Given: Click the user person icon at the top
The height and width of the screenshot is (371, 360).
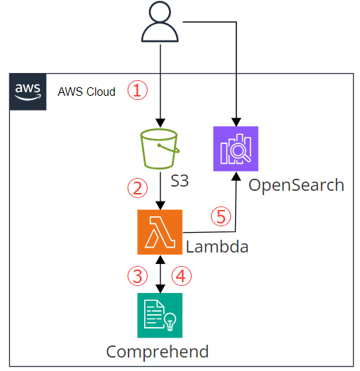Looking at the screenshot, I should coord(161,24).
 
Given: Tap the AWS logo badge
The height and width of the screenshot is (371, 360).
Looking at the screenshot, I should coord(28,92).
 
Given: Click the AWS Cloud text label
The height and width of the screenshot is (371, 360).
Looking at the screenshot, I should coord(87,92).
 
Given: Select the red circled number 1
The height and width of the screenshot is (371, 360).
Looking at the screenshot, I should coord(137,90).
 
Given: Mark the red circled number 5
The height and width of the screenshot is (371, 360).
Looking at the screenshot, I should coord(222,216).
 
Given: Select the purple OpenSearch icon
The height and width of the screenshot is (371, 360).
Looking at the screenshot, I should coord(236,149).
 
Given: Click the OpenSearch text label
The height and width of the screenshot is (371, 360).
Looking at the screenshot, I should coord(295,186).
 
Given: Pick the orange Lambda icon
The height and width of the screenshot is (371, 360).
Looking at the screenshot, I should coord(160,232).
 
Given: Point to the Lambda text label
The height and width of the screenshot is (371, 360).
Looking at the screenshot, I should coord(217,247).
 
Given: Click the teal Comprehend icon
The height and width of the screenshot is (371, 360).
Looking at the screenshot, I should coord(160,315).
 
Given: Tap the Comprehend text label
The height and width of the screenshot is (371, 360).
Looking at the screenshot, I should coord(157,351).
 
